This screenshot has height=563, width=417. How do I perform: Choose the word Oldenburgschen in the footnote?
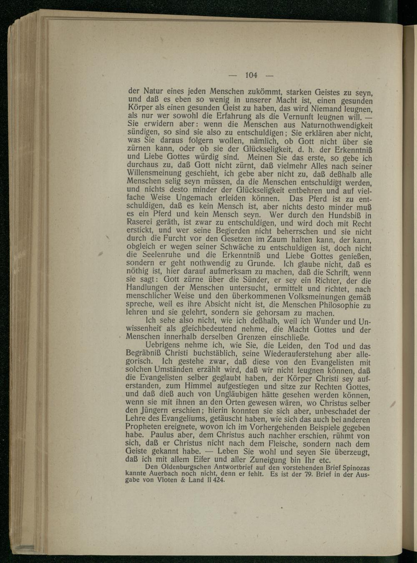point(188,467)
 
